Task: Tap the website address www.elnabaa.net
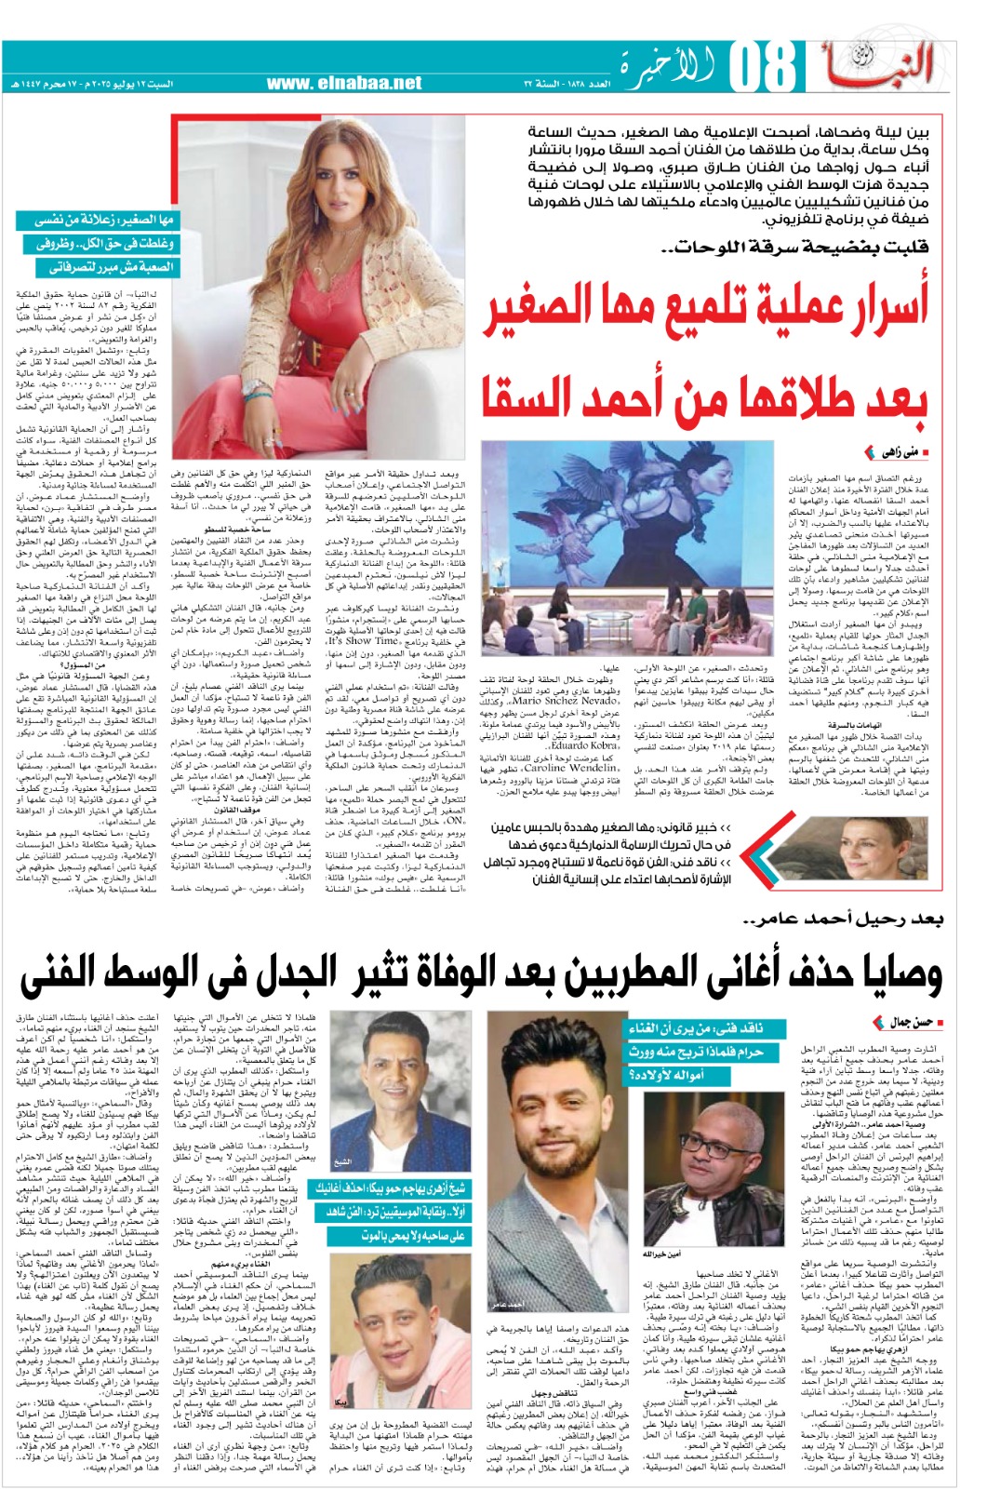[x=344, y=83]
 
